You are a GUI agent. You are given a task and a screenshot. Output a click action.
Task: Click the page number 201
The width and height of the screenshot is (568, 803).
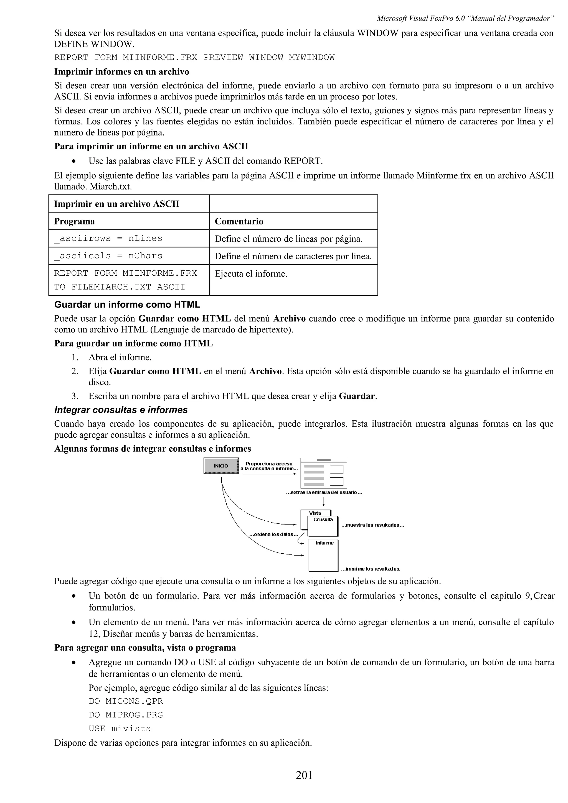click(304, 775)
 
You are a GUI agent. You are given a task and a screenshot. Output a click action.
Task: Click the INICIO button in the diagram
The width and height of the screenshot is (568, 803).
click(221, 466)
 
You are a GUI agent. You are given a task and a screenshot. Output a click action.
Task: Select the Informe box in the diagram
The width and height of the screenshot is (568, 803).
click(323, 555)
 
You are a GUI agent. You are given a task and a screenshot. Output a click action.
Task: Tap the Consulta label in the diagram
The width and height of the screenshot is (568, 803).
click(323, 520)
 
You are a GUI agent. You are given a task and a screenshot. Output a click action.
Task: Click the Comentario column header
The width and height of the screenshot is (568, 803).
click(239, 221)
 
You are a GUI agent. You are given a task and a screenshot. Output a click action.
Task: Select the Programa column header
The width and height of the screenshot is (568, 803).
click(74, 221)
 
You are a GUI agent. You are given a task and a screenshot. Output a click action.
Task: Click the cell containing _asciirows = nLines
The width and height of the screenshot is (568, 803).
click(108, 239)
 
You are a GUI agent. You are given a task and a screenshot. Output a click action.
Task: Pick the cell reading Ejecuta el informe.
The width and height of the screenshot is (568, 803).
click(251, 274)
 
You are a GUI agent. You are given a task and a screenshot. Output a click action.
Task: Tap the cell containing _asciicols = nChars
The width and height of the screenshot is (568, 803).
click(108, 256)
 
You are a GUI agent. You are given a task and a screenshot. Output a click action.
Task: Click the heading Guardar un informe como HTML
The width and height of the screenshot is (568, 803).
click(127, 305)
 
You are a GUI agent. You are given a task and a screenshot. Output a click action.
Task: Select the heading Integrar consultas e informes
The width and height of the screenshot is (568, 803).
click(121, 410)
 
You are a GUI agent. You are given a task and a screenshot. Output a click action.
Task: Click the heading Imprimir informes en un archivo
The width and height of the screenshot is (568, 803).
click(121, 72)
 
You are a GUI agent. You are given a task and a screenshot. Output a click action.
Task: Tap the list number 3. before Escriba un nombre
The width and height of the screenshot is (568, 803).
click(75, 396)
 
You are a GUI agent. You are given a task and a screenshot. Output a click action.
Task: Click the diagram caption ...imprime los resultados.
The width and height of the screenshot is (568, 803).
click(371, 569)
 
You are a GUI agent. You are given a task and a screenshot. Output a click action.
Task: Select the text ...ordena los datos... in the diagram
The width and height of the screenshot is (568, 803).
click(274, 535)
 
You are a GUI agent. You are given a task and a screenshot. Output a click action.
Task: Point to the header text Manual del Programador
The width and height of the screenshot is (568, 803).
click(512, 18)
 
